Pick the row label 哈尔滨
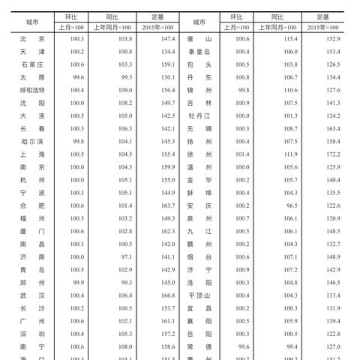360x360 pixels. pos(33,141)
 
